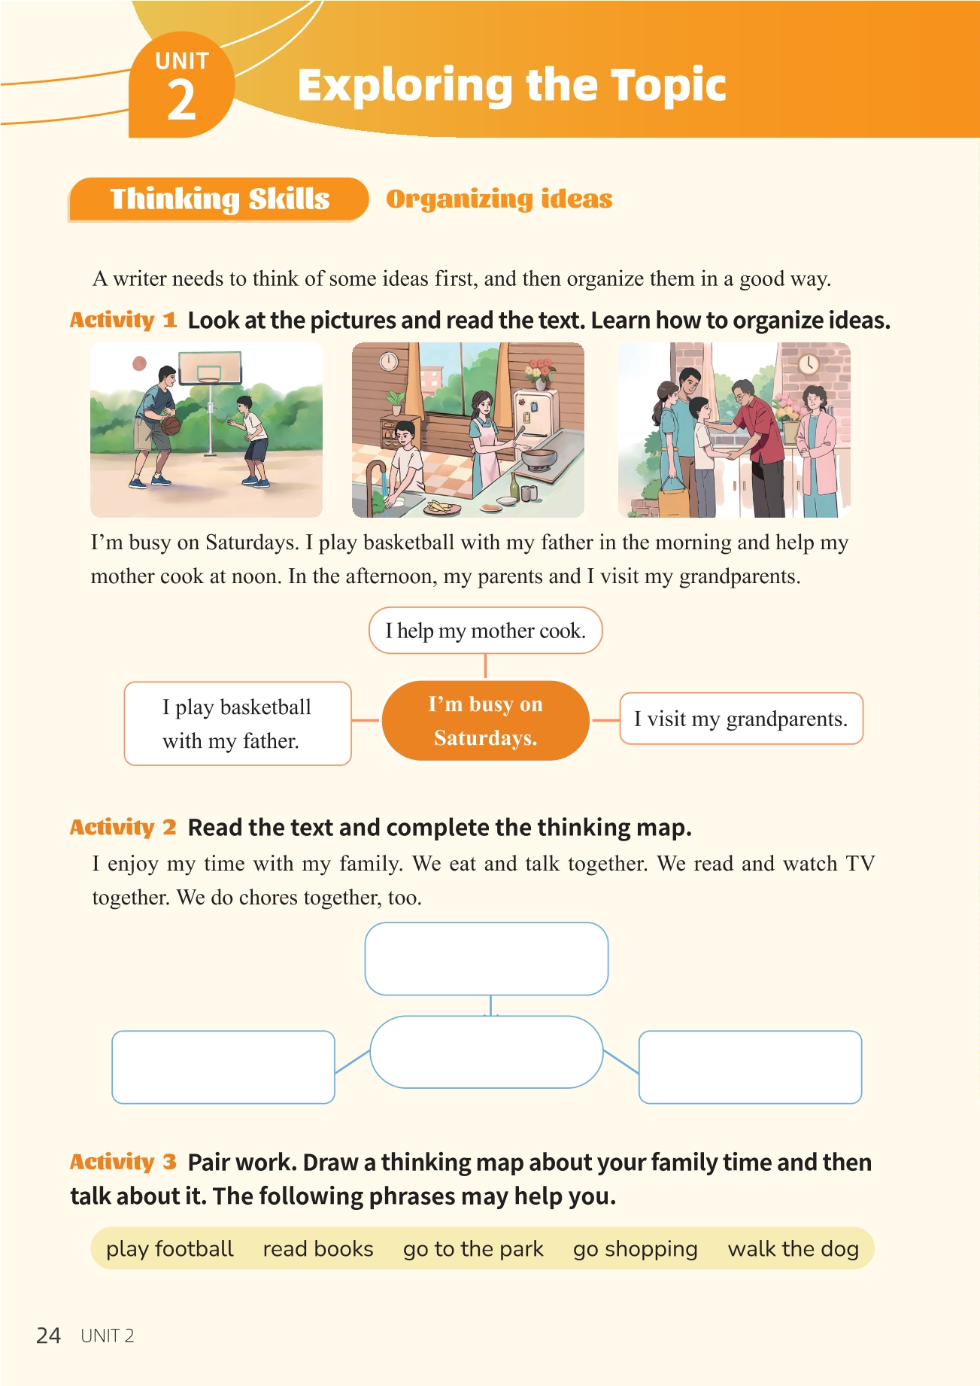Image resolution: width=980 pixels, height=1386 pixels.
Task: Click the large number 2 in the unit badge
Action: click(x=181, y=100)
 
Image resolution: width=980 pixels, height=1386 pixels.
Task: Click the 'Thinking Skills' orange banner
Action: click(x=218, y=199)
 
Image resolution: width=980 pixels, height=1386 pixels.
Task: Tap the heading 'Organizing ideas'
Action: click(x=499, y=199)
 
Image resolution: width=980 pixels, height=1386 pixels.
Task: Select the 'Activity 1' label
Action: click(x=123, y=320)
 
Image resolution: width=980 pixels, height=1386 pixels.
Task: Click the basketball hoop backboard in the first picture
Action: click(x=210, y=367)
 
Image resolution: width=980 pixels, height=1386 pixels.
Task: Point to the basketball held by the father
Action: click(x=171, y=425)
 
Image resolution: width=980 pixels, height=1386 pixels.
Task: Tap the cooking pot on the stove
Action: click(x=539, y=457)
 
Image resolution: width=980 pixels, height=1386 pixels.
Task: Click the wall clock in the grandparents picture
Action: click(x=809, y=364)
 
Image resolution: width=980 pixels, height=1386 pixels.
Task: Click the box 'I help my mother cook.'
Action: click(x=485, y=631)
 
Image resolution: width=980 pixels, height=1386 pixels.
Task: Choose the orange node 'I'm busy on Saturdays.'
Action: click(x=486, y=721)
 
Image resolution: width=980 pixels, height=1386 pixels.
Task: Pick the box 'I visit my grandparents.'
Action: click(x=741, y=719)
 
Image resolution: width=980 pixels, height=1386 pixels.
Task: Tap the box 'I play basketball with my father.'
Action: click(x=238, y=723)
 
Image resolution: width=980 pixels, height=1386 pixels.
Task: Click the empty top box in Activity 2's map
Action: click(x=487, y=959)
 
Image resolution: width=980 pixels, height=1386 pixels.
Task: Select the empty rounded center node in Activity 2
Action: click(x=487, y=1052)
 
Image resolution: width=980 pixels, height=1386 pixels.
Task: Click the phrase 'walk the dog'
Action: click(x=793, y=1249)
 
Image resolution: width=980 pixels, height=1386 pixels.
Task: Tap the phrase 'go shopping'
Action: click(x=635, y=1250)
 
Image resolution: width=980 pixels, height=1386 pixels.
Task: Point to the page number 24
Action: click(x=48, y=1336)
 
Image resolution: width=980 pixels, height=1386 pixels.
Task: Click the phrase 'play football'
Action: click(x=169, y=1250)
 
